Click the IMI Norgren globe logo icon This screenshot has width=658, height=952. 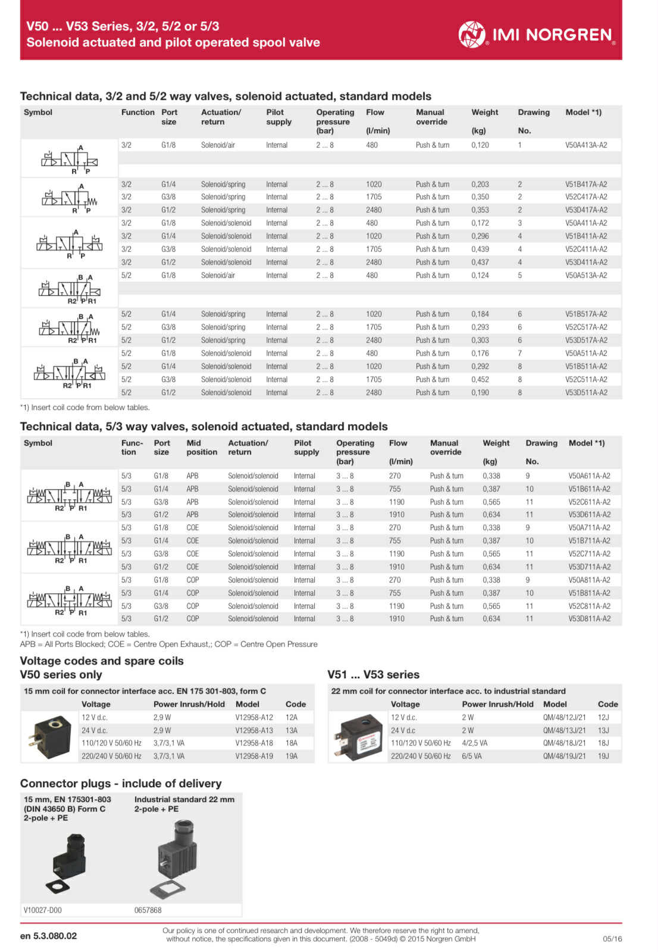[472, 34]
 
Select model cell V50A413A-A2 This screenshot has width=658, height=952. [585, 145]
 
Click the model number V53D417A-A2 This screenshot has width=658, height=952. [585, 210]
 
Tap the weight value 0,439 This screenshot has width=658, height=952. [480, 249]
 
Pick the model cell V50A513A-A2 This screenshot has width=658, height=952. [585, 275]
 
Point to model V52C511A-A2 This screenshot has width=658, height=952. [585, 380]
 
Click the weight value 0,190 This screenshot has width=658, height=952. [480, 393]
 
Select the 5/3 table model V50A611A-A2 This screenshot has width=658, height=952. [588, 476]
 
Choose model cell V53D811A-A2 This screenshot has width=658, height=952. [588, 619]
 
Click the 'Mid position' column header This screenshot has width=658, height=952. [202, 447]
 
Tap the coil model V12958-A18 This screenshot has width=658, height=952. [253, 743]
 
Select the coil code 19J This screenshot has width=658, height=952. [603, 756]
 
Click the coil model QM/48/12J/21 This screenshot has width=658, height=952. [564, 718]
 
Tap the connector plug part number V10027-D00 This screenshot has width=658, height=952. [42, 910]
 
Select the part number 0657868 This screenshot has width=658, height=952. [148, 910]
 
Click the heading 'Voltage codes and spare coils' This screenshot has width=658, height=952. [102, 661]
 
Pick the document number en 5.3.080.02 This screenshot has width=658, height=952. [48, 936]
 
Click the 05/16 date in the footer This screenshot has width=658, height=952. [612, 939]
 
